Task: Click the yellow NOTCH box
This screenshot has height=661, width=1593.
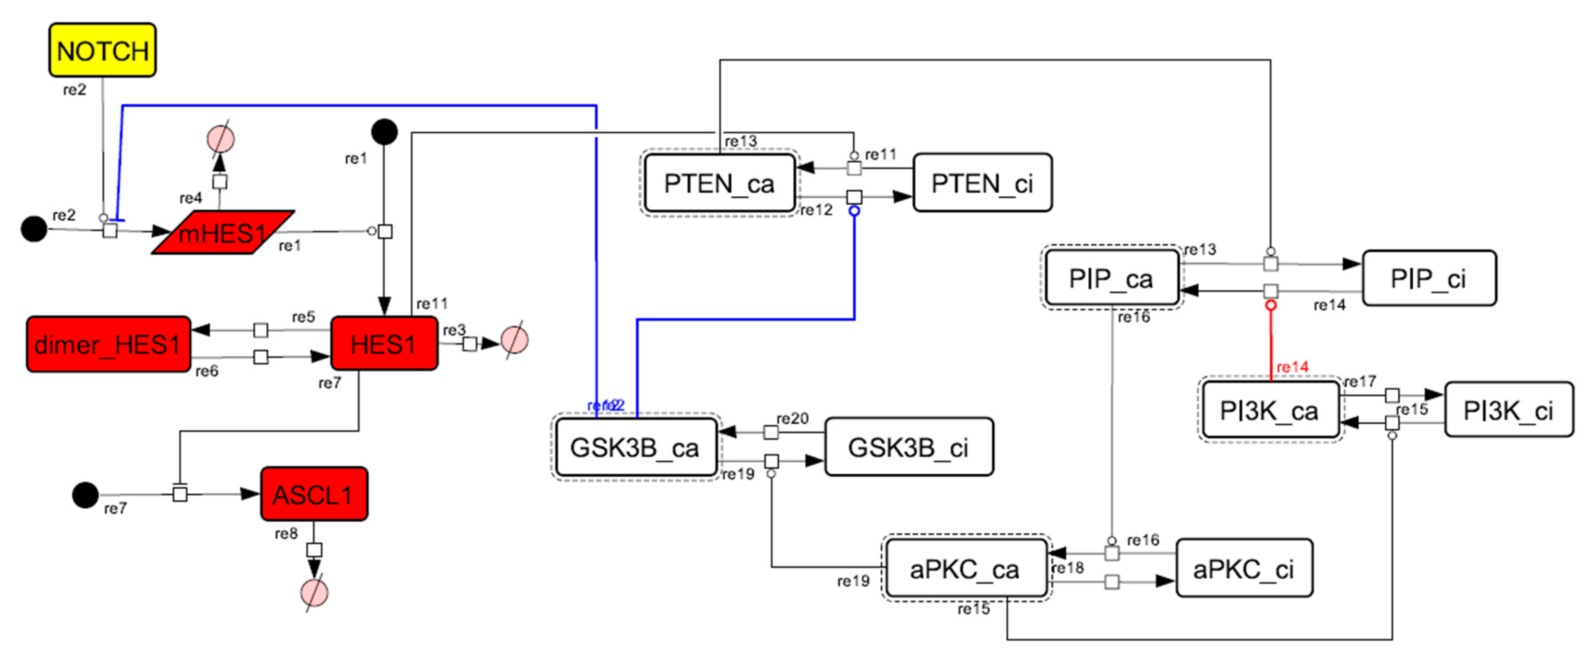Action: coord(103,50)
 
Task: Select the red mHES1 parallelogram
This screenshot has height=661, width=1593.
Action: coord(223,232)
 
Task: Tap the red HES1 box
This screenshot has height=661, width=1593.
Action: coord(384,344)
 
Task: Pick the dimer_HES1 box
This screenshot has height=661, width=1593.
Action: coord(108,345)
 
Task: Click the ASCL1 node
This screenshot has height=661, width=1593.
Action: coord(314,494)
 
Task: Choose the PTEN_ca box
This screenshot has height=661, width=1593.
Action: coord(719,183)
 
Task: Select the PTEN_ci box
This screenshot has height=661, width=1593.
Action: coord(982,183)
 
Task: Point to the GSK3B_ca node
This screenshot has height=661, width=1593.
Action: coord(635,447)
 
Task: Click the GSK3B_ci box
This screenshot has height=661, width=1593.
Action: coord(908,447)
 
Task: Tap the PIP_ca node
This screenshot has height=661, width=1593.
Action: coord(1111,278)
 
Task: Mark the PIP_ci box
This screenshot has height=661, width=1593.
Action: coord(1429,278)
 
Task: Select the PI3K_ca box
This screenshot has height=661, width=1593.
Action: coord(1269,410)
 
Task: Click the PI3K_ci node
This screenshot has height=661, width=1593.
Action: coord(1508,410)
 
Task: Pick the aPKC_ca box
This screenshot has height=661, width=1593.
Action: coord(965,569)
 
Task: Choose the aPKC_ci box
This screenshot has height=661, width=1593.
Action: coord(1244,569)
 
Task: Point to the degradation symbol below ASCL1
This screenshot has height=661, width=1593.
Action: coord(314,592)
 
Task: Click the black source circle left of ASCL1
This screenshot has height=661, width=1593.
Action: coord(85,495)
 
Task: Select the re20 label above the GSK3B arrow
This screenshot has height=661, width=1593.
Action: coord(792,419)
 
